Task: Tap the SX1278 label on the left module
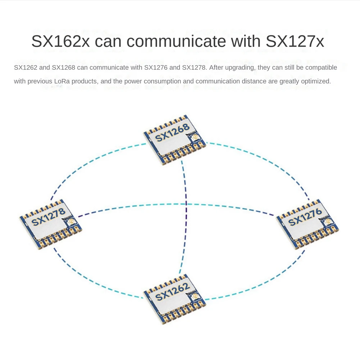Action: pos(48,217)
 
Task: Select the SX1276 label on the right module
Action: pos(305,217)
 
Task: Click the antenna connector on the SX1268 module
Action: pos(195,137)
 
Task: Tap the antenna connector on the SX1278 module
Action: pos(71,222)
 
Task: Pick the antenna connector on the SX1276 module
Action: pos(328,222)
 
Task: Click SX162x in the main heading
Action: pos(60,41)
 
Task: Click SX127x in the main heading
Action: pos(295,41)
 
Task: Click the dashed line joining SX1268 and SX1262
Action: pos(186,216)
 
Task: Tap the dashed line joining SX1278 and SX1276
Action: pos(180,205)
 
